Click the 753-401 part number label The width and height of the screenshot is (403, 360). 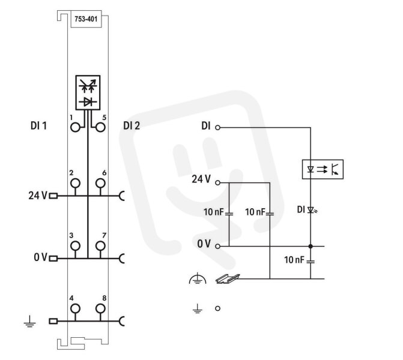coord(86,19)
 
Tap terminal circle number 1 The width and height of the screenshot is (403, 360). coord(75,127)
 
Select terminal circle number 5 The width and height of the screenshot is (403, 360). coord(100,127)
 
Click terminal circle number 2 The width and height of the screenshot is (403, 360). coord(75,184)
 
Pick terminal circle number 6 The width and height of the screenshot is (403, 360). coord(100,184)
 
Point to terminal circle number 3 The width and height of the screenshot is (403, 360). coord(75,246)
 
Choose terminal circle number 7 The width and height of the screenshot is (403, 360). coord(100,246)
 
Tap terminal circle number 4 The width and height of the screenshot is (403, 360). coord(75,308)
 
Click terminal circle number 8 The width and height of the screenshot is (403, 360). coord(100,308)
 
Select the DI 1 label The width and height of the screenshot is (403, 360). coord(38,126)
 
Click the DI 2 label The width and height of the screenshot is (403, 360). coord(132,126)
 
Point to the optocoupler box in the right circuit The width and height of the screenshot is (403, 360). coord(323,169)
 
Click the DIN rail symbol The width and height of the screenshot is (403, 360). coord(228,279)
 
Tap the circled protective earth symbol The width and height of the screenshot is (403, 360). coord(198,278)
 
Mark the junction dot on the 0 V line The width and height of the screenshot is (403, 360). coord(311,246)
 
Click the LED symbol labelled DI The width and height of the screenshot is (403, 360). coord(312,210)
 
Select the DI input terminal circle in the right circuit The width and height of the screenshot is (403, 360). coord(217,127)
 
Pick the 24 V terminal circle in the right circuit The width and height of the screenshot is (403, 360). coord(217,183)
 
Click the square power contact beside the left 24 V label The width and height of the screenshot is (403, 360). coord(53,196)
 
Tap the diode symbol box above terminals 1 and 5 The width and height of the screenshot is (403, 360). coord(88,92)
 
